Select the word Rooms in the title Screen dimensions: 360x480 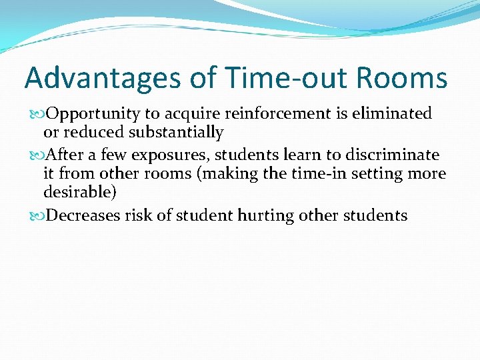[402, 78]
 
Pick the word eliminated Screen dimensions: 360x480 [395, 114]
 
